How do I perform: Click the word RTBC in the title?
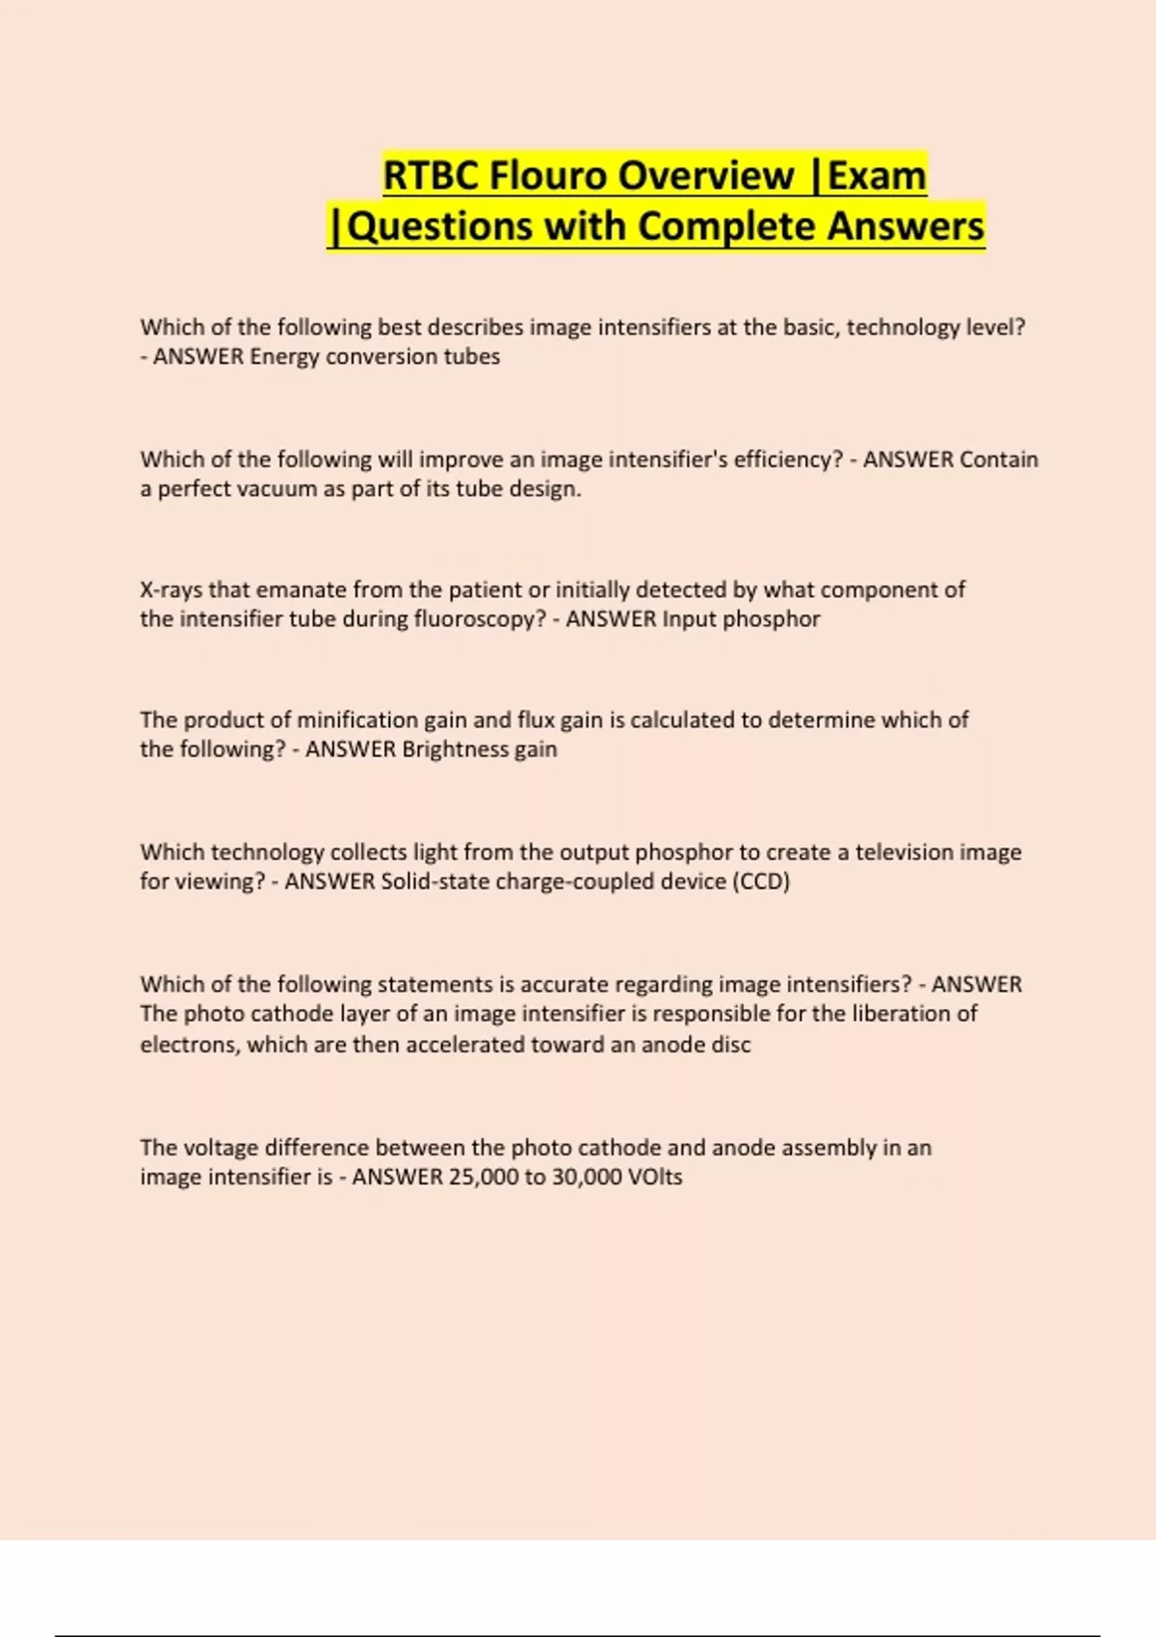pos(431,176)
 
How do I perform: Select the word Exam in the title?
pos(877,176)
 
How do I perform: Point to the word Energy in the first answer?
pos(284,357)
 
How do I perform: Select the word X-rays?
pos(171,590)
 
